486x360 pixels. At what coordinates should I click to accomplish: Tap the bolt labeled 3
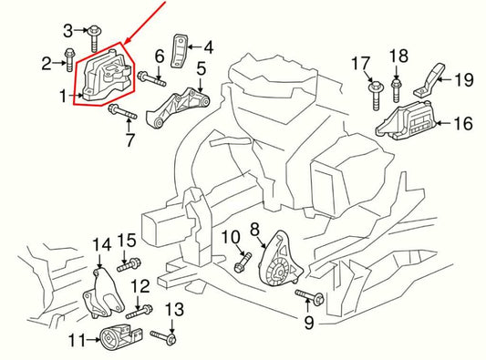(95, 36)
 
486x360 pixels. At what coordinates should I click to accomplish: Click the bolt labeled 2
(70, 63)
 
